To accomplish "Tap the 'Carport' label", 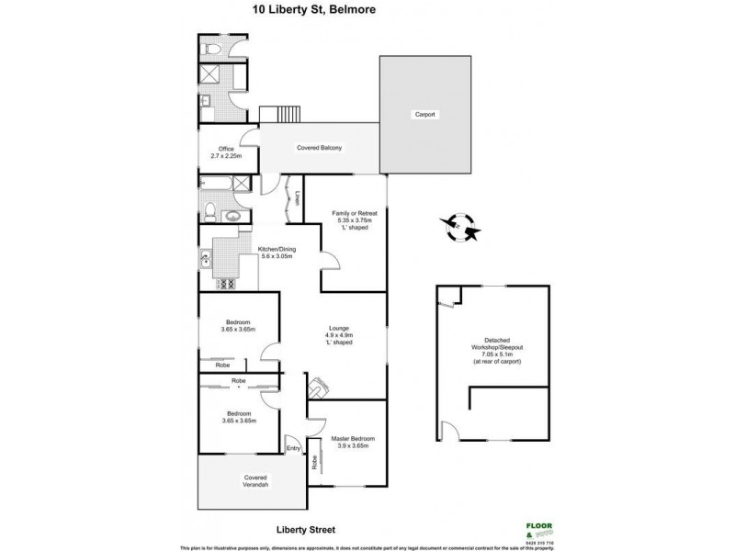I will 424,115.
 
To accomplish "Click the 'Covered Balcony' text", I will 319,148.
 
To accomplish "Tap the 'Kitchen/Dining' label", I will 276,250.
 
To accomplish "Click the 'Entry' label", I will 293,448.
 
